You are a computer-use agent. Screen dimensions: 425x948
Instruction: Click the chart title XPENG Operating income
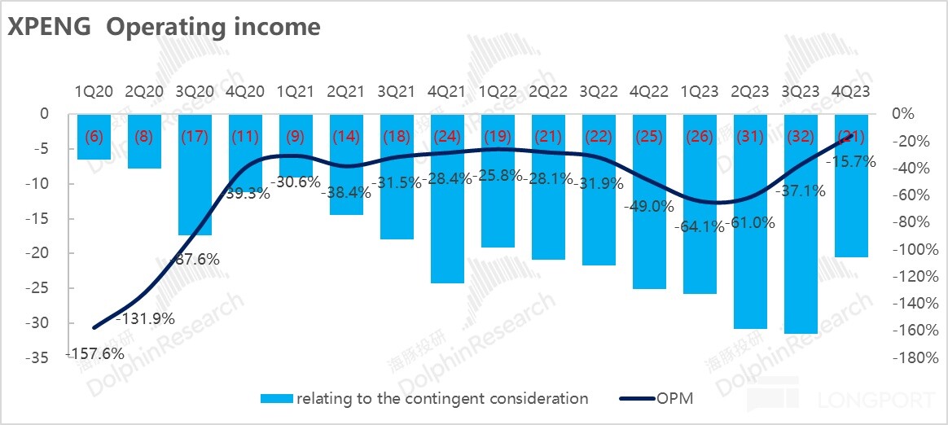pos(164,26)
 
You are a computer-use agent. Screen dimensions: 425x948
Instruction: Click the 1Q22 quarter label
pos(498,92)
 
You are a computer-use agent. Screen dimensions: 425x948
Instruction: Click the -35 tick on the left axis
pos(40,357)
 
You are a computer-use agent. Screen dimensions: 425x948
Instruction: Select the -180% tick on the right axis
pos(905,357)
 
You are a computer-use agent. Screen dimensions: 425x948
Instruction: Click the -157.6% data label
pos(96,353)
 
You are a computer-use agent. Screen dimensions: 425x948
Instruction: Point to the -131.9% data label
pos(147,318)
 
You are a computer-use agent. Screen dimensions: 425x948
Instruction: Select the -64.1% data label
pos(698,227)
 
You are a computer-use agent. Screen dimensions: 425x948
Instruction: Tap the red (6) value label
pos(94,136)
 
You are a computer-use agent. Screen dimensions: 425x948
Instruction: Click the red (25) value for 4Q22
pos(649,136)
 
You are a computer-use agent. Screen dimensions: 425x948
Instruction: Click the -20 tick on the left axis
pos(40,253)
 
